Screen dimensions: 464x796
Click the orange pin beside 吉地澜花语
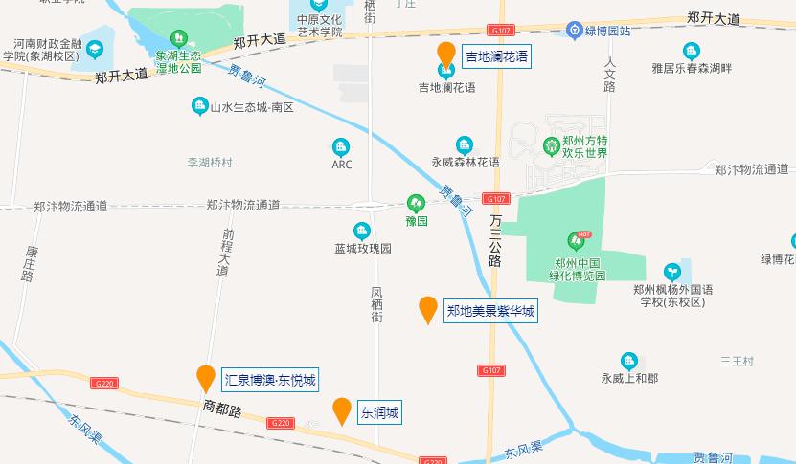pyautogui.click(x=445, y=54)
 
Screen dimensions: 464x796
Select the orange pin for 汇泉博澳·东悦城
pyautogui.click(x=205, y=378)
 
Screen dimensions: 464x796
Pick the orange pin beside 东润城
pyautogui.click(x=341, y=410)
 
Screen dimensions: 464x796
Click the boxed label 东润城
pyautogui.click(x=378, y=413)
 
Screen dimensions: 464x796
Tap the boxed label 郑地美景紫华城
pyautogui.click(x=490, y=310)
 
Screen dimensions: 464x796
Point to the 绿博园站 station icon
pyautogui.click(x=574, y=30)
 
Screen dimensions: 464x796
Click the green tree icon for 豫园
pyautogui.click(x=415, y=202)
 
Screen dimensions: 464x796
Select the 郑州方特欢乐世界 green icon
pyautogui.click(x=552, y=146)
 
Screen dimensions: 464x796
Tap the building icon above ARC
pyautogui.click(x=341, y=146)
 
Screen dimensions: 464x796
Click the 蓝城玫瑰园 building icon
pyautogui.click(x=361, y=231)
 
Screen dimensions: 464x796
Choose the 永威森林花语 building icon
pyautogui.click(x=465, y=145)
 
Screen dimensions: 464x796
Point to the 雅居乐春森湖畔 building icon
pyautogui.click(x=691, y=51)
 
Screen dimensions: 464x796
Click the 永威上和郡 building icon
pyautogui.click(x=628, y=361)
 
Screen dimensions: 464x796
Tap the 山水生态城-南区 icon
pyautogui.click(x=199, y=105)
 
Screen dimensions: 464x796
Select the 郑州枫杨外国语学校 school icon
pyautogui.click(x=672, y=272)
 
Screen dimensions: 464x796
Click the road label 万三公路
pyautogui.click(x=495, y=240)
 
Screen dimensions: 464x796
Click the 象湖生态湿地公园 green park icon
pyautogui.click(x=178, y=38)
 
